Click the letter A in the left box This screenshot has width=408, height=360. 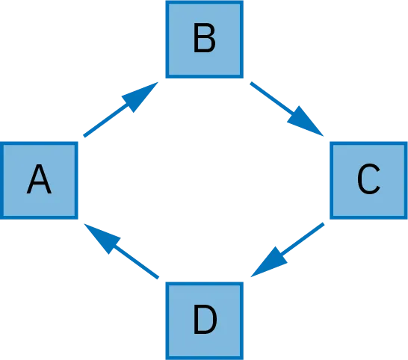point(39,180)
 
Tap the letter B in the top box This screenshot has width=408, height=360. point(204,40)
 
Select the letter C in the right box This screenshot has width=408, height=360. point(368,180)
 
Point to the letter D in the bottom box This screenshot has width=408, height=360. point(204,320)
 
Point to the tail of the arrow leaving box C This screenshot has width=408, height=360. point(327,223)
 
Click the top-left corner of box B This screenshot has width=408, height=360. point(165,1)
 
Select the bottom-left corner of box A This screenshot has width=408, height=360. point(1,219)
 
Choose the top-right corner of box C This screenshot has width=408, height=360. point(407,141)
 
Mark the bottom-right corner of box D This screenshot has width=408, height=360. point(244,359)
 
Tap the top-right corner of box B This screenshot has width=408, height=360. point(244,1)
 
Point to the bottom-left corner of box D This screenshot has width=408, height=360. point(165,359)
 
